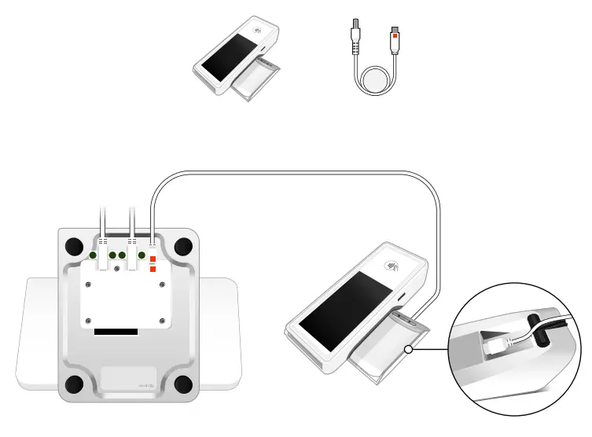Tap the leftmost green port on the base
coord(93,255)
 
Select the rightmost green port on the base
coord(142,255)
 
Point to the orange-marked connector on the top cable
coord(395,36)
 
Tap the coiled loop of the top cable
coord(374,81)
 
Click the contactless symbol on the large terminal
coord(391,266)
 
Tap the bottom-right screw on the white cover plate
coord(163,320)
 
